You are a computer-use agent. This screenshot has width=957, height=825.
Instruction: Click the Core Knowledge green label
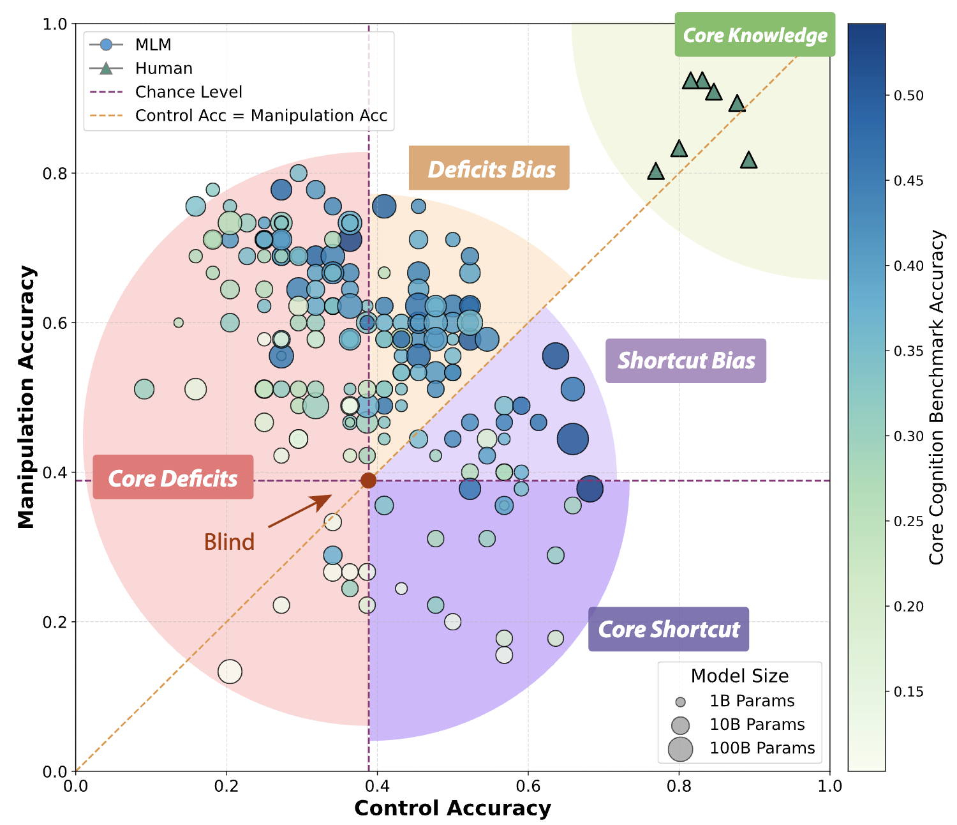click(x=754, y=34)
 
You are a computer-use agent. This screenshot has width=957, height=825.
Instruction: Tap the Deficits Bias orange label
click(x=489, y=168)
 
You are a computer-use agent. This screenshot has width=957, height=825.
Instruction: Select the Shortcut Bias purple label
click(x=686, y=361)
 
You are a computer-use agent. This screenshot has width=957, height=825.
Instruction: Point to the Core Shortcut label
click(x=669, y=629)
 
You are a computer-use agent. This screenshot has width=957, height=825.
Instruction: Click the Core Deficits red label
click(x=173, y=477)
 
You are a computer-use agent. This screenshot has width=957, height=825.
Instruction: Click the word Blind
click(x=229, y=542)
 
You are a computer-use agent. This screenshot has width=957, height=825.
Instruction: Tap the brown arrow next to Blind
click(x=300, y=511)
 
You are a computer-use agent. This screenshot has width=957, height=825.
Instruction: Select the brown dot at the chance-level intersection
click(x=368, y=481)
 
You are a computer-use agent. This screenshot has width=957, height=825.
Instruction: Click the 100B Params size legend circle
click(x=680, y=748)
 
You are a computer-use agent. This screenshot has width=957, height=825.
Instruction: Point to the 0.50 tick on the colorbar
click(x=908, y=96)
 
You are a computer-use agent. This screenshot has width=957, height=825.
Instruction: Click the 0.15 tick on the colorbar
click(x=908, y=692)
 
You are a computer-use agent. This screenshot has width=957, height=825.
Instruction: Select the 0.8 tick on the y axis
click(x=55, y=173)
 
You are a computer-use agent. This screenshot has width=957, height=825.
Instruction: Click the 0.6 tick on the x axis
click(x=528, y=786)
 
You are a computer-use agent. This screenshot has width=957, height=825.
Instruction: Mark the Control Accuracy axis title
click(x=452, y=808)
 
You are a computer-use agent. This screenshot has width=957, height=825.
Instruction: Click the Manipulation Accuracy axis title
click(x=26, y=397)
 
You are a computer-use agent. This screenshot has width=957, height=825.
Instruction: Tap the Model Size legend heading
click(x=739, y=676)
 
